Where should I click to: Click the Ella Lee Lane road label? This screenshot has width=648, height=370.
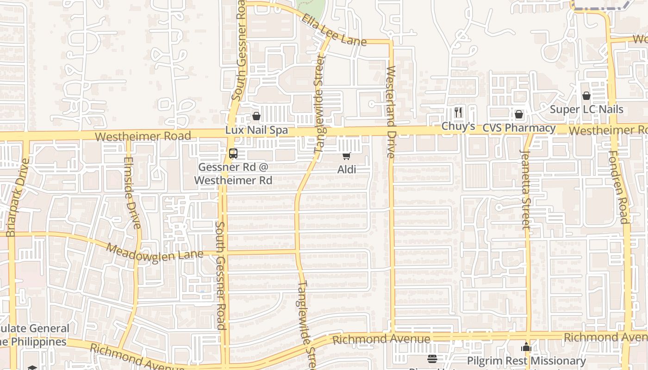334,31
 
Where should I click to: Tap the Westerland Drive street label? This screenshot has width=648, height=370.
391,112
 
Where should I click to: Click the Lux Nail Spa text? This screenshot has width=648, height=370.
256,130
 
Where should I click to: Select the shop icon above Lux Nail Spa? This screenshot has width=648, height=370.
256,116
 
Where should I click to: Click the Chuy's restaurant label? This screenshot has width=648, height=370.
458,126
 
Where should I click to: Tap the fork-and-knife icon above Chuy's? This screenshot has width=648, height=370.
458,112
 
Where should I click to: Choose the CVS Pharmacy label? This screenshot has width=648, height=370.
519,128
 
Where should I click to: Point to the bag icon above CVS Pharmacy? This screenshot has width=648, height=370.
519,114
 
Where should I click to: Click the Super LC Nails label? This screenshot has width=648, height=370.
586,110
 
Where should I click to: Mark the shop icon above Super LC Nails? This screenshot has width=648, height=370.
586,96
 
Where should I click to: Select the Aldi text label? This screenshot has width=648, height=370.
347,170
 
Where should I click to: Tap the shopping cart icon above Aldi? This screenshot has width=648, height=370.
347,156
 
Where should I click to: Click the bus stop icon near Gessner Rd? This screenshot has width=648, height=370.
233,154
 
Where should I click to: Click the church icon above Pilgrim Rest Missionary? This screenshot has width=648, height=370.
526,347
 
